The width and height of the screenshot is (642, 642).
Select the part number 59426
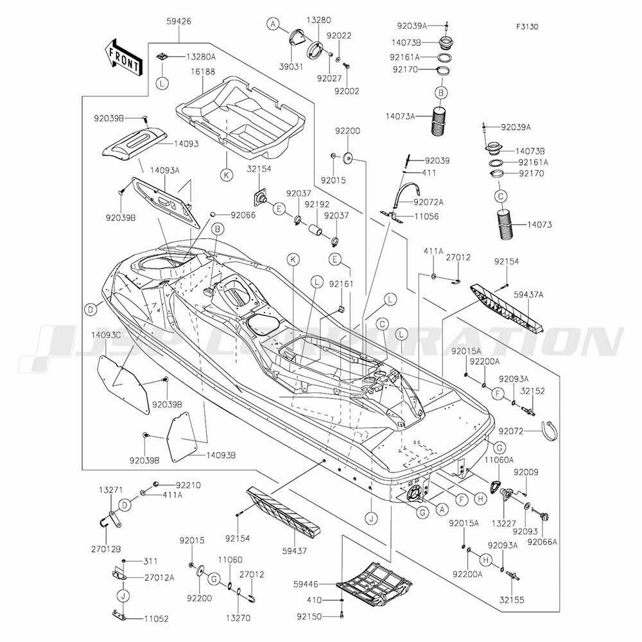(x=178, y=21)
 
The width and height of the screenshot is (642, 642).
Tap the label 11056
(x=426, y=217)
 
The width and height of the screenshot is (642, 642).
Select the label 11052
(x=156, y=619)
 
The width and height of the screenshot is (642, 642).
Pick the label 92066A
(x=542, y=542)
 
